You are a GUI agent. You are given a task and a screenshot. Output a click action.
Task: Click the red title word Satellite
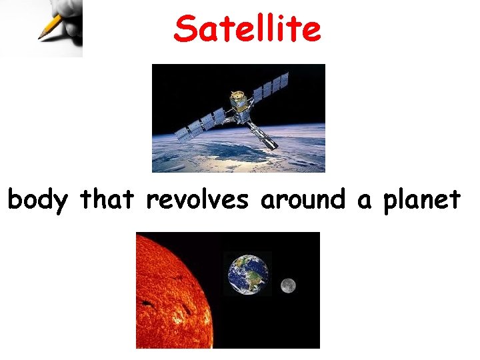[247, 29]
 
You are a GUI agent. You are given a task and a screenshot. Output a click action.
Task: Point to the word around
[304, 199]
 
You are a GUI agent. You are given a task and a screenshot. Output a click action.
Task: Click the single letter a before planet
[363, 201]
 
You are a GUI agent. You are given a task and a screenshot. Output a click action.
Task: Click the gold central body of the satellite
[237, 102]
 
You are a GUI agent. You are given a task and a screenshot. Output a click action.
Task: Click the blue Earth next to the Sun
[248, 273]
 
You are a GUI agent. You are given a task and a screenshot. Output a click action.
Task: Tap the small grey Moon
[288, 285]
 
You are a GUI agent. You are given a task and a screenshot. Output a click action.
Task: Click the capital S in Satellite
[185, 29]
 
